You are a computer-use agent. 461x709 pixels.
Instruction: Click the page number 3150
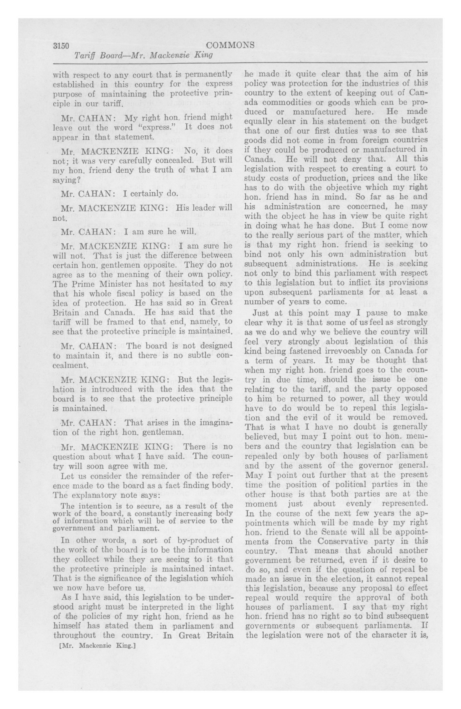(x=61, y=46)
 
